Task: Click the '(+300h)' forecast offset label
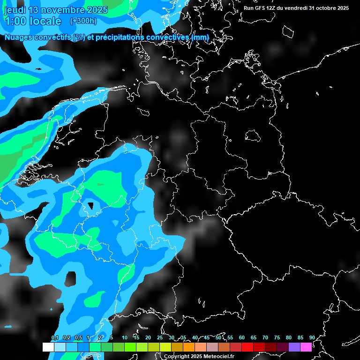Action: (x=83, y=21)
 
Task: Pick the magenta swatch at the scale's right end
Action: (x=306, y=347)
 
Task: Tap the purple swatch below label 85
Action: (x=294, y=347)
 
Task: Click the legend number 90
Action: (x=312, y=337)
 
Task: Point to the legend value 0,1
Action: (x=55, y=337)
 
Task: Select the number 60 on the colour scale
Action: (x=242, y=337)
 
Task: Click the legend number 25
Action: (x=160, y=337)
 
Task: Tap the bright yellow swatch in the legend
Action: (x=165, y=347)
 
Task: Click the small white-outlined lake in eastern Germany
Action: (x=253, y=135)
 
